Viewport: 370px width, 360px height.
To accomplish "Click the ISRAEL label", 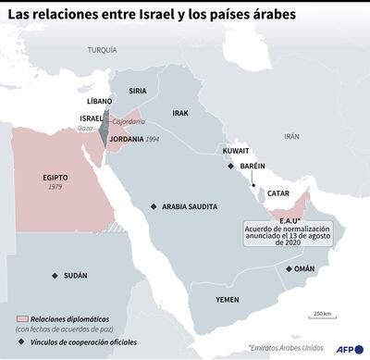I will [x=92, y=118].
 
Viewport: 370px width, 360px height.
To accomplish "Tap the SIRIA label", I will [x=138, y=91].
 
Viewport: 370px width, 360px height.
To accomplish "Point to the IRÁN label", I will [x=292, y=135].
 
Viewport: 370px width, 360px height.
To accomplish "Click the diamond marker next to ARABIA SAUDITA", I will [x=154, y=206].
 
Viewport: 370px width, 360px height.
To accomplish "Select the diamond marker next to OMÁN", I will [x=290, y=268].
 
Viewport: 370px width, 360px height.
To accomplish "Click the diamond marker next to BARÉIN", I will [x=231, y=166].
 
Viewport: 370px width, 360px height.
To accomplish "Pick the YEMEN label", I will [x=228, y=300].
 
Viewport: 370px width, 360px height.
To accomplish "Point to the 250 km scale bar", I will [x=323, y=321].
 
